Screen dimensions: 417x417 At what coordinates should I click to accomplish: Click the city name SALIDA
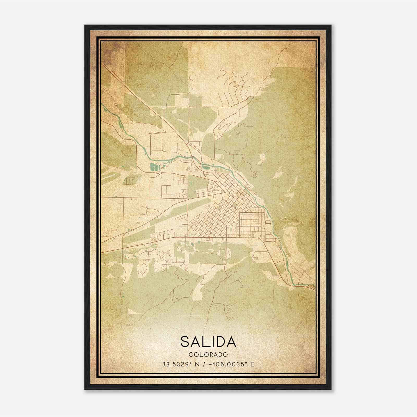pos(208,342)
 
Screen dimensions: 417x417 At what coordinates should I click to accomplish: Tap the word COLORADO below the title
pos(208,354)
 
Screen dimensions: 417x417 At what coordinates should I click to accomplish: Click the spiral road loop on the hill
pos(254,173)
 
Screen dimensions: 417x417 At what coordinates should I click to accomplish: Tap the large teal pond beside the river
pos(154,167)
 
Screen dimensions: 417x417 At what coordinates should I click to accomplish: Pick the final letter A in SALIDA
pos(231,342)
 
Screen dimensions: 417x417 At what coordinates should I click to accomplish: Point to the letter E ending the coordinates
pos(252,364)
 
